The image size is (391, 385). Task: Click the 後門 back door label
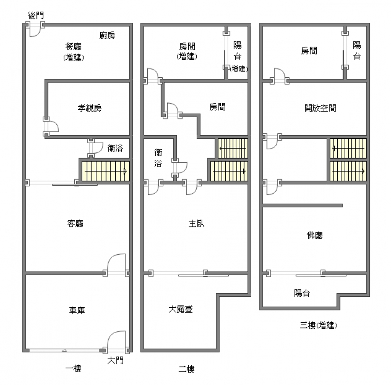(x=36, y=15)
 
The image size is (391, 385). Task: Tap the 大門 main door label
(x=115, y=360)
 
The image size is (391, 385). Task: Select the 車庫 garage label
(x=77, y=310)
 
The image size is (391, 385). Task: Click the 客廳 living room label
(x=75, y=223)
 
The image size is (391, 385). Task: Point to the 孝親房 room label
(x=90, y=108)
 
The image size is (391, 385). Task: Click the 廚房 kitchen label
(x=107, y=36)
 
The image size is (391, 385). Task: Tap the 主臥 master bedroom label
(x=196, y=223)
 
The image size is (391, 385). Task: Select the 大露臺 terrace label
(x=180, y=309)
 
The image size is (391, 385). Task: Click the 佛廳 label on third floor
(x=315, y=235)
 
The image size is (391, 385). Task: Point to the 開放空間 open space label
(x=321, y=108)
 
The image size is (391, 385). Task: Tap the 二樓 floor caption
(x=186, y=369)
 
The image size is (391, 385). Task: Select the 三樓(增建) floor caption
(x=318, y=325)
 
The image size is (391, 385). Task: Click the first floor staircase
(x=106, y=171)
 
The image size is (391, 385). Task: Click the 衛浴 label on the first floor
(x=115, y=148)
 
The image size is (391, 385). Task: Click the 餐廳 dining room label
(x=73, y=46)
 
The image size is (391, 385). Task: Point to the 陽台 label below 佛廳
(x=302, y=293)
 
